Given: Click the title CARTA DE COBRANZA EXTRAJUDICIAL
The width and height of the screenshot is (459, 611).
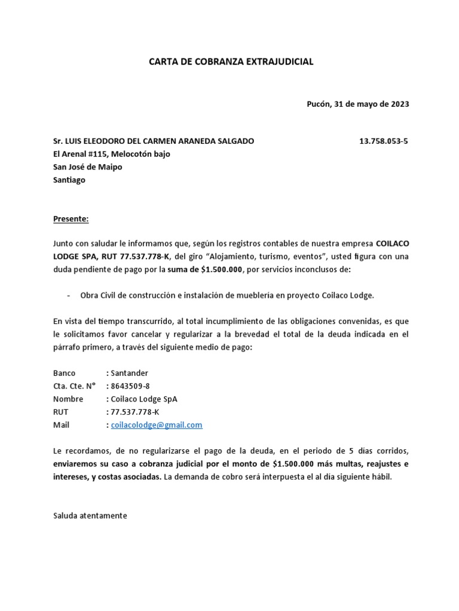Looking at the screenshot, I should click(231, 61).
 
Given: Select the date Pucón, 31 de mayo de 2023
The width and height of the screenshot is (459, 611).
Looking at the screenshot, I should click(357, 103).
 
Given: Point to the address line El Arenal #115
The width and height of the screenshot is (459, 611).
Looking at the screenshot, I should click(111, 154).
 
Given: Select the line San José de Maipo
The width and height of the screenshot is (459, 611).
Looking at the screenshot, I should click(87, 167).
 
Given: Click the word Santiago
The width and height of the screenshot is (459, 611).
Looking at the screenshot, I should click(69, 180).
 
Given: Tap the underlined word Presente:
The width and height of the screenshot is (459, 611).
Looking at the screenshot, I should click(71, 219).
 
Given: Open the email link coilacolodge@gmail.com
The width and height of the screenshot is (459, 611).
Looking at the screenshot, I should click(157, 425).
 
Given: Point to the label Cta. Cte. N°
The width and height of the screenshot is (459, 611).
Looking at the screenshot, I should click(74, 386).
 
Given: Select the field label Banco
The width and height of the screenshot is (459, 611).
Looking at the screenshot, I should click(65, 373).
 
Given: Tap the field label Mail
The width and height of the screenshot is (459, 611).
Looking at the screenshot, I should click(61, 425).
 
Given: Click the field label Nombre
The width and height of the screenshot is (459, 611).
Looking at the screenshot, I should click(68, 399).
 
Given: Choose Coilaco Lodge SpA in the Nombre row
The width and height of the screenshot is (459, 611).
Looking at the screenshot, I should click(143, 399).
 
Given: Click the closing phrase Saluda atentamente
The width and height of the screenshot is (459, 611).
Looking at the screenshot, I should click(90, 516).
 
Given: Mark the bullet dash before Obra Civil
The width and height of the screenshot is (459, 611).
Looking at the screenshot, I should click(69, 295).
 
